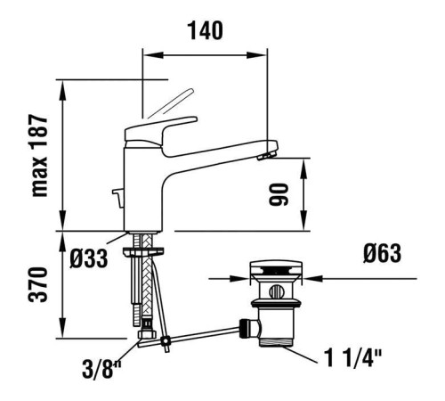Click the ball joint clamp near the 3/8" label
150,338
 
